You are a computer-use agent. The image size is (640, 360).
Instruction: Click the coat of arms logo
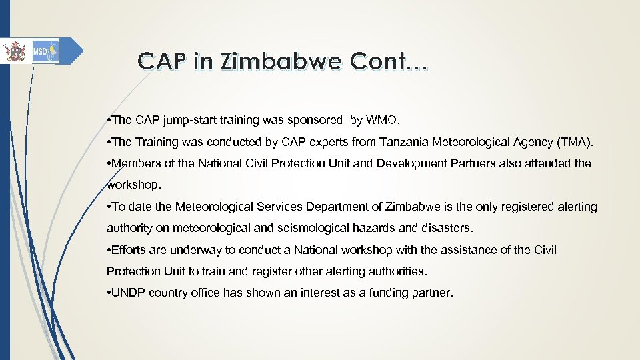[x=13, y=51]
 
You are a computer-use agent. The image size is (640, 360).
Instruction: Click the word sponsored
[x=312, y=121]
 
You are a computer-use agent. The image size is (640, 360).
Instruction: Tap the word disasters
[x=448, y=228]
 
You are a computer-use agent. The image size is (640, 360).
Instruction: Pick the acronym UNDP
[x=130, y=293]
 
